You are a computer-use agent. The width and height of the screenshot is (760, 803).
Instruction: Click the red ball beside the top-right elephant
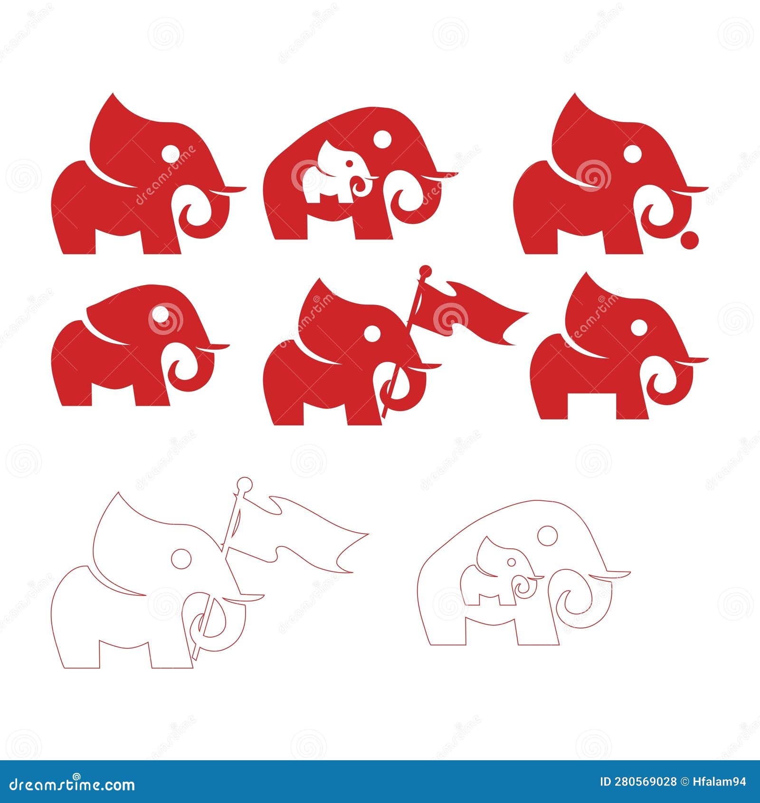coord(689,239)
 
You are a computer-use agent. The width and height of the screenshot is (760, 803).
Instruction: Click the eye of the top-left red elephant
coord(171,155)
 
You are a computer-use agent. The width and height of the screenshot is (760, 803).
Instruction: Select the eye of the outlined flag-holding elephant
coord(181,559)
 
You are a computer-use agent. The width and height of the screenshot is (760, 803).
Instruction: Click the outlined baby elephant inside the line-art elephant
coord(499,573)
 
